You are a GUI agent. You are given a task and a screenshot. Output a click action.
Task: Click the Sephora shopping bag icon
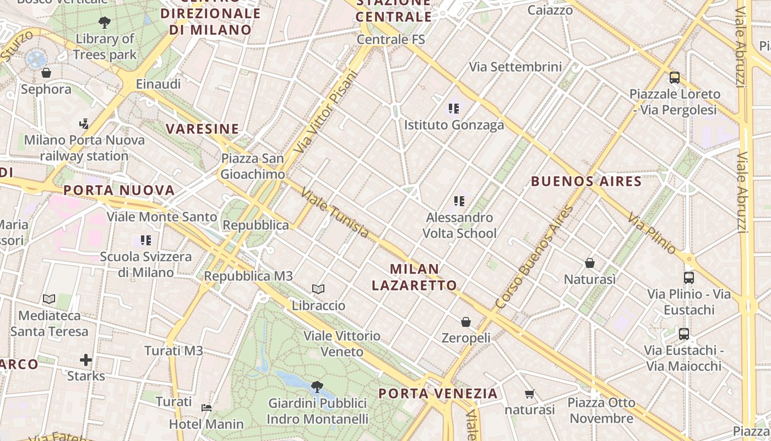(x=46, y=73)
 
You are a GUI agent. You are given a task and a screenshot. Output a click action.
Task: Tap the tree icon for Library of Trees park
(x=104, y=23)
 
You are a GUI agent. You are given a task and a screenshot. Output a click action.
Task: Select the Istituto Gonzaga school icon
(x=454, y=109)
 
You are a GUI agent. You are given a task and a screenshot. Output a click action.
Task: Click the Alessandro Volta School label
(x=459, y=225)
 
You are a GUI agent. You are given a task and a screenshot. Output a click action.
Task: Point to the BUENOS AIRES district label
(x=587, y=181)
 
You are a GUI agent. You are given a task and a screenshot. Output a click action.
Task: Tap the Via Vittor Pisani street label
(x=326, y=112)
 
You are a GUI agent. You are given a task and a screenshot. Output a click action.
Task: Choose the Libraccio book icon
(x=318, y=289)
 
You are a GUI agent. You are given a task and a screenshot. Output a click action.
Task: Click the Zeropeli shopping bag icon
(x=466, y=321)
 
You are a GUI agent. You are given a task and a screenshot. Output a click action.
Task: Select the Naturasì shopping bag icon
(x=590, y=263)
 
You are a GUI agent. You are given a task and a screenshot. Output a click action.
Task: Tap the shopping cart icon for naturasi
(x=530, y=394)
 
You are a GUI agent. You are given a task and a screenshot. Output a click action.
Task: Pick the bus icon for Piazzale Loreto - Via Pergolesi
(x=674, y=78)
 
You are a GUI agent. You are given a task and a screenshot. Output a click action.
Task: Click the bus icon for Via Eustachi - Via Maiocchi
(x=683, y=334)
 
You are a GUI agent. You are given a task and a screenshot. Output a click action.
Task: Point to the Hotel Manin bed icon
(x=207, y=408)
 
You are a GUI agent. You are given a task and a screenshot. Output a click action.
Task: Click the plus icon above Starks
(x=86, y=360)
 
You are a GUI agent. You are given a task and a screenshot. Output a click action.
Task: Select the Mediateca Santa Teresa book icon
(x=49, y=299)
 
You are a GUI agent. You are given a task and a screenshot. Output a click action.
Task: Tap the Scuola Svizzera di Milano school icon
(x=146, y=240)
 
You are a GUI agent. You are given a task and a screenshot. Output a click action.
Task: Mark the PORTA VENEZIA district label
(x=438, y=394)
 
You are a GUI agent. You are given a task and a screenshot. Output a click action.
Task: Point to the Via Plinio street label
(x=651, y=234)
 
